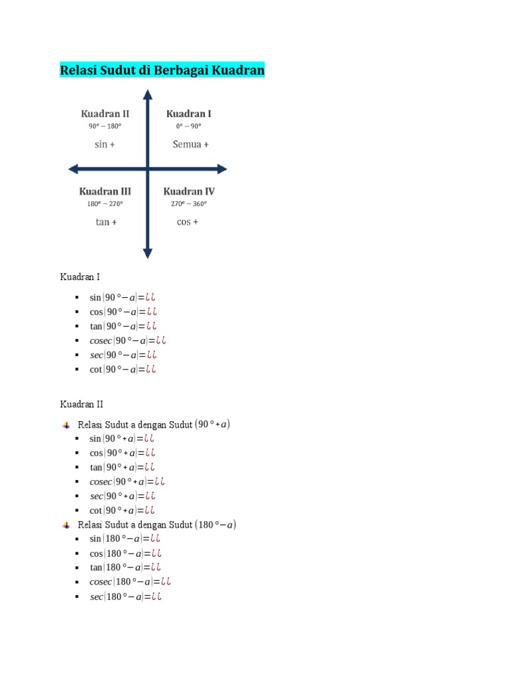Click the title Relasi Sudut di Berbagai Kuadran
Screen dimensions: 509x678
click(x=162, y=70)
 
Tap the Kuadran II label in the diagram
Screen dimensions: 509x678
click(x=105, y=114)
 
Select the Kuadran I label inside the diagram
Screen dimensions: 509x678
click(x=189, y=114)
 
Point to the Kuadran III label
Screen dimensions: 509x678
click(x=105, y=191)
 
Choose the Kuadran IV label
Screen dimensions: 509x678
click(x=189, y=191)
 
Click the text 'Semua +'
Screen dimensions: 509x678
click(x=191, y=144)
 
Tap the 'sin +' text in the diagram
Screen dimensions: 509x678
click(x=105, y=144)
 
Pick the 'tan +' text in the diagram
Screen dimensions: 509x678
click(x=106, y=222)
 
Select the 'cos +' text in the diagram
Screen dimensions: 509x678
click(x=188, y=222)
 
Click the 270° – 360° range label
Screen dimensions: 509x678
click(x=189, y=204)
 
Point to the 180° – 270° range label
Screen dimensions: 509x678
click(x=105, y=204)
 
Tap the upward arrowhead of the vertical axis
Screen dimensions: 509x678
click(x=148, y=93)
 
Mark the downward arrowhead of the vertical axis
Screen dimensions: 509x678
click(x=148, y=253)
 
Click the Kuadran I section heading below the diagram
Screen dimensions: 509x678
click(x=80, y=277)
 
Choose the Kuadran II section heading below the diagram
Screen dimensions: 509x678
click(x=82, y=404)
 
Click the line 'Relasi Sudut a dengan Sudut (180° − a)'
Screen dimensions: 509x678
click(x=157, y=525)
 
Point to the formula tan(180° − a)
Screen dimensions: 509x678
click(x=125, y=567)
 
